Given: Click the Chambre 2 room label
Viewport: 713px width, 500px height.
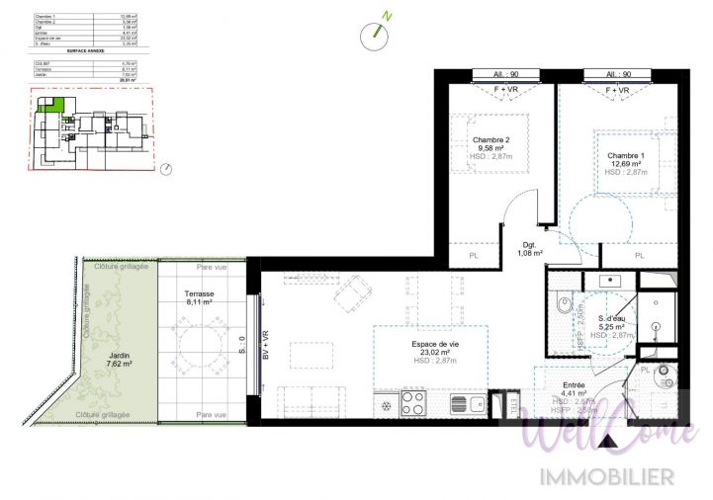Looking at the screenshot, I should click(490, 140).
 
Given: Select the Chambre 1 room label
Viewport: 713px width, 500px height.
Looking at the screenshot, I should click(625, 155).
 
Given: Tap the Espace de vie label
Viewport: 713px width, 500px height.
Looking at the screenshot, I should click(431, 344).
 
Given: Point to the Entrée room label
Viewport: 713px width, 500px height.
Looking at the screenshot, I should click(573, 385).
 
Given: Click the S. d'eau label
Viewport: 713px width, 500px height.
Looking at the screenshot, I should click(615, 318).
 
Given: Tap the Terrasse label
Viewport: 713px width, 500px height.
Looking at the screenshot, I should click(200, 294).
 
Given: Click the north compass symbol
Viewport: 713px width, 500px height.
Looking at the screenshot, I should click(374, 35).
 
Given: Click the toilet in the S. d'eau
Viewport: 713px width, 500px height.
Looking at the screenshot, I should click(563, 307).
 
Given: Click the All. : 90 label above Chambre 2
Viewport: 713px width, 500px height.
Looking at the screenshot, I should click(507, 74).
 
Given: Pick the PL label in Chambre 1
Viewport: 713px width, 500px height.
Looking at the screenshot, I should click(639, 255).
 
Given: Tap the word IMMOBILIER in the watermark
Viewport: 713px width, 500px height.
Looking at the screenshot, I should click(605, 477).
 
